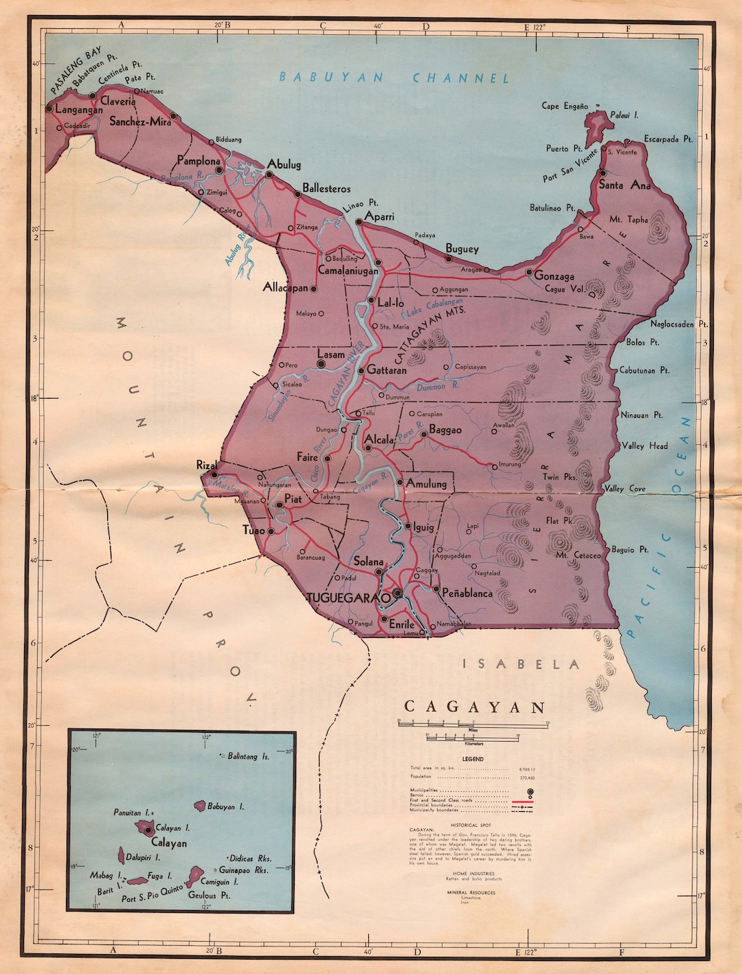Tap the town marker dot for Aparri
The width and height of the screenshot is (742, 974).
tap(359, 222)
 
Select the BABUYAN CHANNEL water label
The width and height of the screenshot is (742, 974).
tap(394, 78)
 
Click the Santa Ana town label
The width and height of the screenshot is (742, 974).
tap(624, 185)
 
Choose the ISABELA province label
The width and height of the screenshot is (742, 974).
tap(520, 664)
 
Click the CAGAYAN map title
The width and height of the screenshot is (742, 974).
tap(475, 707)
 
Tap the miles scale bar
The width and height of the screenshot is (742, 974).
tap(473, 724)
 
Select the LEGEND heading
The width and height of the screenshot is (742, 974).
tap(473, 759)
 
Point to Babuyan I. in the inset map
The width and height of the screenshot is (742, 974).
tap(201, 805)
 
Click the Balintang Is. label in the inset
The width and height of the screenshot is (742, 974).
tap(248, 756)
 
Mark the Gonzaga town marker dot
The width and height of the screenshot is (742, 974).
tap(529, 272)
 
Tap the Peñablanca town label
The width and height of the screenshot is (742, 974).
tap(467, 593)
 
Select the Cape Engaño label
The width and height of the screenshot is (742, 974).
tap(565, 106)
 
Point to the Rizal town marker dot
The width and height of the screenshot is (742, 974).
tap(214, 474)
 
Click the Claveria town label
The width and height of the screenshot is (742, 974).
tap(118, 101)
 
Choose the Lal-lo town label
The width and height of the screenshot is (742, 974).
tap(391, 302)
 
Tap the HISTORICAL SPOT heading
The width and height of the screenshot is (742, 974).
tap(471, 825)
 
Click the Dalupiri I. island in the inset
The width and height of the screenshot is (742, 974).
tap(122, 855)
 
